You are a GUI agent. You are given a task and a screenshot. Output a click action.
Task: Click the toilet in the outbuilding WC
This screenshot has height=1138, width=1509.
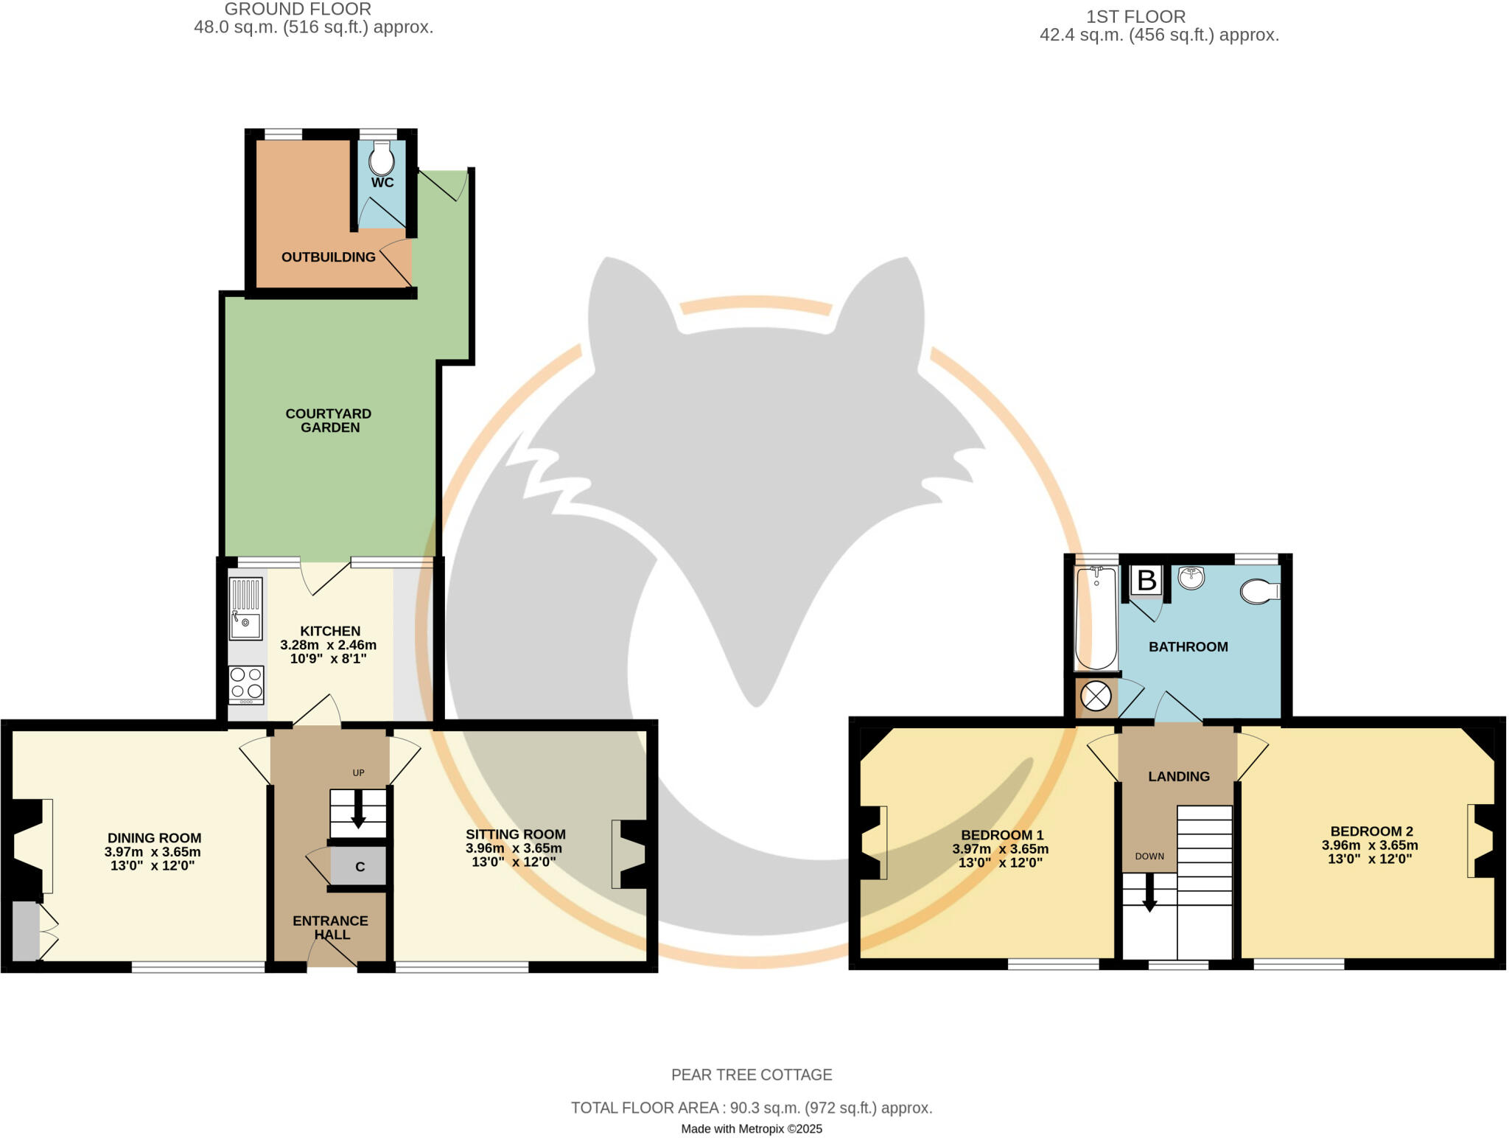coord(381,158)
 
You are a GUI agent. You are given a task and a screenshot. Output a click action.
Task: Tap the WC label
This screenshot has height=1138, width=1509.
coord(382,183)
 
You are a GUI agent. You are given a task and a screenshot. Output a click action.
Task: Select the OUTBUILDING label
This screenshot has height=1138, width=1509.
coord(329,257)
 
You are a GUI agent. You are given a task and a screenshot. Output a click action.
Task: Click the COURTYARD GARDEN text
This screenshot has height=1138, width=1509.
coord(329,421)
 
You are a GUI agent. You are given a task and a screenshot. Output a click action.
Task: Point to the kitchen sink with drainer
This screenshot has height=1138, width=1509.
coord(245,608)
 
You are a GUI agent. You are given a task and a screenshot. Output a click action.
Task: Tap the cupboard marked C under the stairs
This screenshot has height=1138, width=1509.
coord(360,867)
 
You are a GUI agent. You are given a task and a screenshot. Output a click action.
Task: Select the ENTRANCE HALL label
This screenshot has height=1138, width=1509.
coord(330,927)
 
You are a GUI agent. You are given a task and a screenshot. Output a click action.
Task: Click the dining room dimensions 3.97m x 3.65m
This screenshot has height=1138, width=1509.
coord(153,852)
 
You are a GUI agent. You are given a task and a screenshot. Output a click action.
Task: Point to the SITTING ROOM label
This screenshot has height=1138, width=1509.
coord(516,834)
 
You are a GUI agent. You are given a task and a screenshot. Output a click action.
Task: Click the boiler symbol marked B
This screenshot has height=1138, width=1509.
coord(1146,580)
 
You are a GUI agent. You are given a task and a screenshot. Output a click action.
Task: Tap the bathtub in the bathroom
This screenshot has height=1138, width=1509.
coord(1096,619)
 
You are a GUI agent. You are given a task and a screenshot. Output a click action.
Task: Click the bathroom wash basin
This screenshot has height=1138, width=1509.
coord(1191,577)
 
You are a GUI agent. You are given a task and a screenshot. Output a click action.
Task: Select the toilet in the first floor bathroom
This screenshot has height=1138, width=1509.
coord(1260,591)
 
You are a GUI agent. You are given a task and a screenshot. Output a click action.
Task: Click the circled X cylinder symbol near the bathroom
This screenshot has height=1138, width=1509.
coord(1096,697)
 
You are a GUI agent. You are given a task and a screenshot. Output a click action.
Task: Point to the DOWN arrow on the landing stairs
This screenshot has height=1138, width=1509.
coord(1149,893)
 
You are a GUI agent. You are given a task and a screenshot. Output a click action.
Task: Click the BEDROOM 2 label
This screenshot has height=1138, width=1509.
coord(1371,831)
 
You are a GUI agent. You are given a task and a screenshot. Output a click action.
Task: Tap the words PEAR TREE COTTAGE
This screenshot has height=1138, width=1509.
coord(752,1075)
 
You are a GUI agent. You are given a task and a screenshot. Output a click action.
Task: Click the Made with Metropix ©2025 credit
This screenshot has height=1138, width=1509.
coord(752,1128)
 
